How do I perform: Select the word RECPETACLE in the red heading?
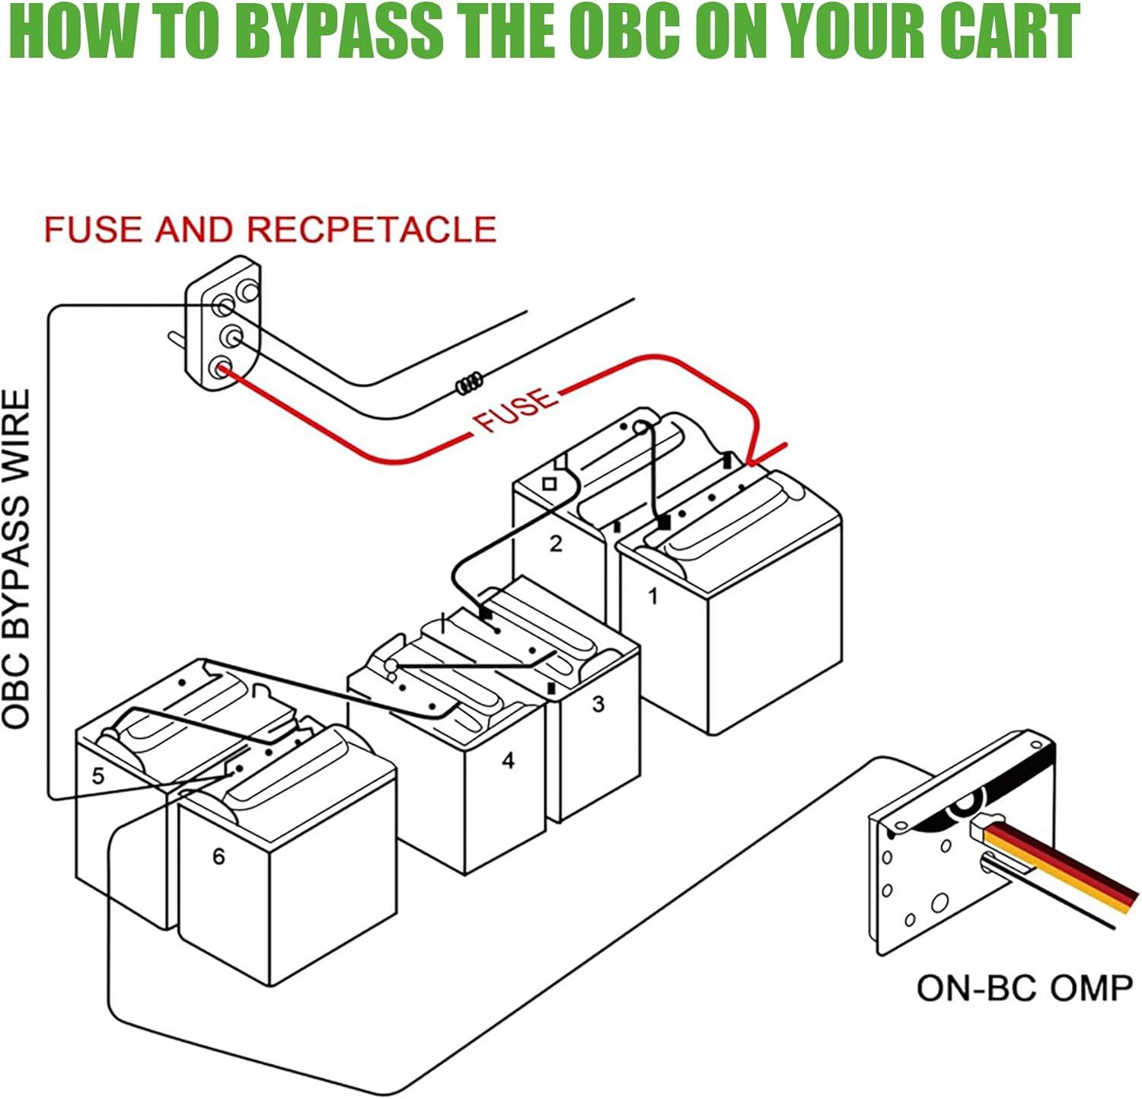coord(372,230)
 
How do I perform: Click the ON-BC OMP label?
coord(1025,989)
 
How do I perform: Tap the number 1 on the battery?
coord(652,596)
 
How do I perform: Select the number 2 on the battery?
coord(556,544)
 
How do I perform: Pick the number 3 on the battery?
coord(598,704)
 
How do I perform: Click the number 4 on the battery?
coord(509,760)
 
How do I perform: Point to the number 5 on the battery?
coord(98,776)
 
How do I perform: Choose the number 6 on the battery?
coord(219,857)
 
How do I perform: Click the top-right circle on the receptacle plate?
coord(249,291)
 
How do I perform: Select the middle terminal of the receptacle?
coord(230,336)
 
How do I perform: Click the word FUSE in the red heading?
coord(95,230)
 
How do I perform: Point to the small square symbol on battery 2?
coord(549,484)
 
